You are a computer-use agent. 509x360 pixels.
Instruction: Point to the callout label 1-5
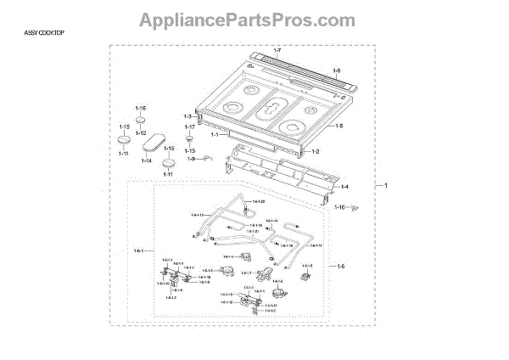coord(338,127)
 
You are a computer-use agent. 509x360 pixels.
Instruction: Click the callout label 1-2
coord(315,150)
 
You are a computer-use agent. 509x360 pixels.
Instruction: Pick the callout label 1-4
coord(344,187)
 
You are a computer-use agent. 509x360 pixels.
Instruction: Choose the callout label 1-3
coord(188,115)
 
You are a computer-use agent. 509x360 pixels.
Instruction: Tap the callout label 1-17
coord(190,127)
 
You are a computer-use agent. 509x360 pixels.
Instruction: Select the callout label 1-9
coord(192,159)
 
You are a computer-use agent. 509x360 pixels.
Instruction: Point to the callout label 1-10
coord(339,207)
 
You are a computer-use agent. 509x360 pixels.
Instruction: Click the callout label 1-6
coord(341,265)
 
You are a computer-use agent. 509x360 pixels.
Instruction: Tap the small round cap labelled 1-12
coord(141,125)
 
